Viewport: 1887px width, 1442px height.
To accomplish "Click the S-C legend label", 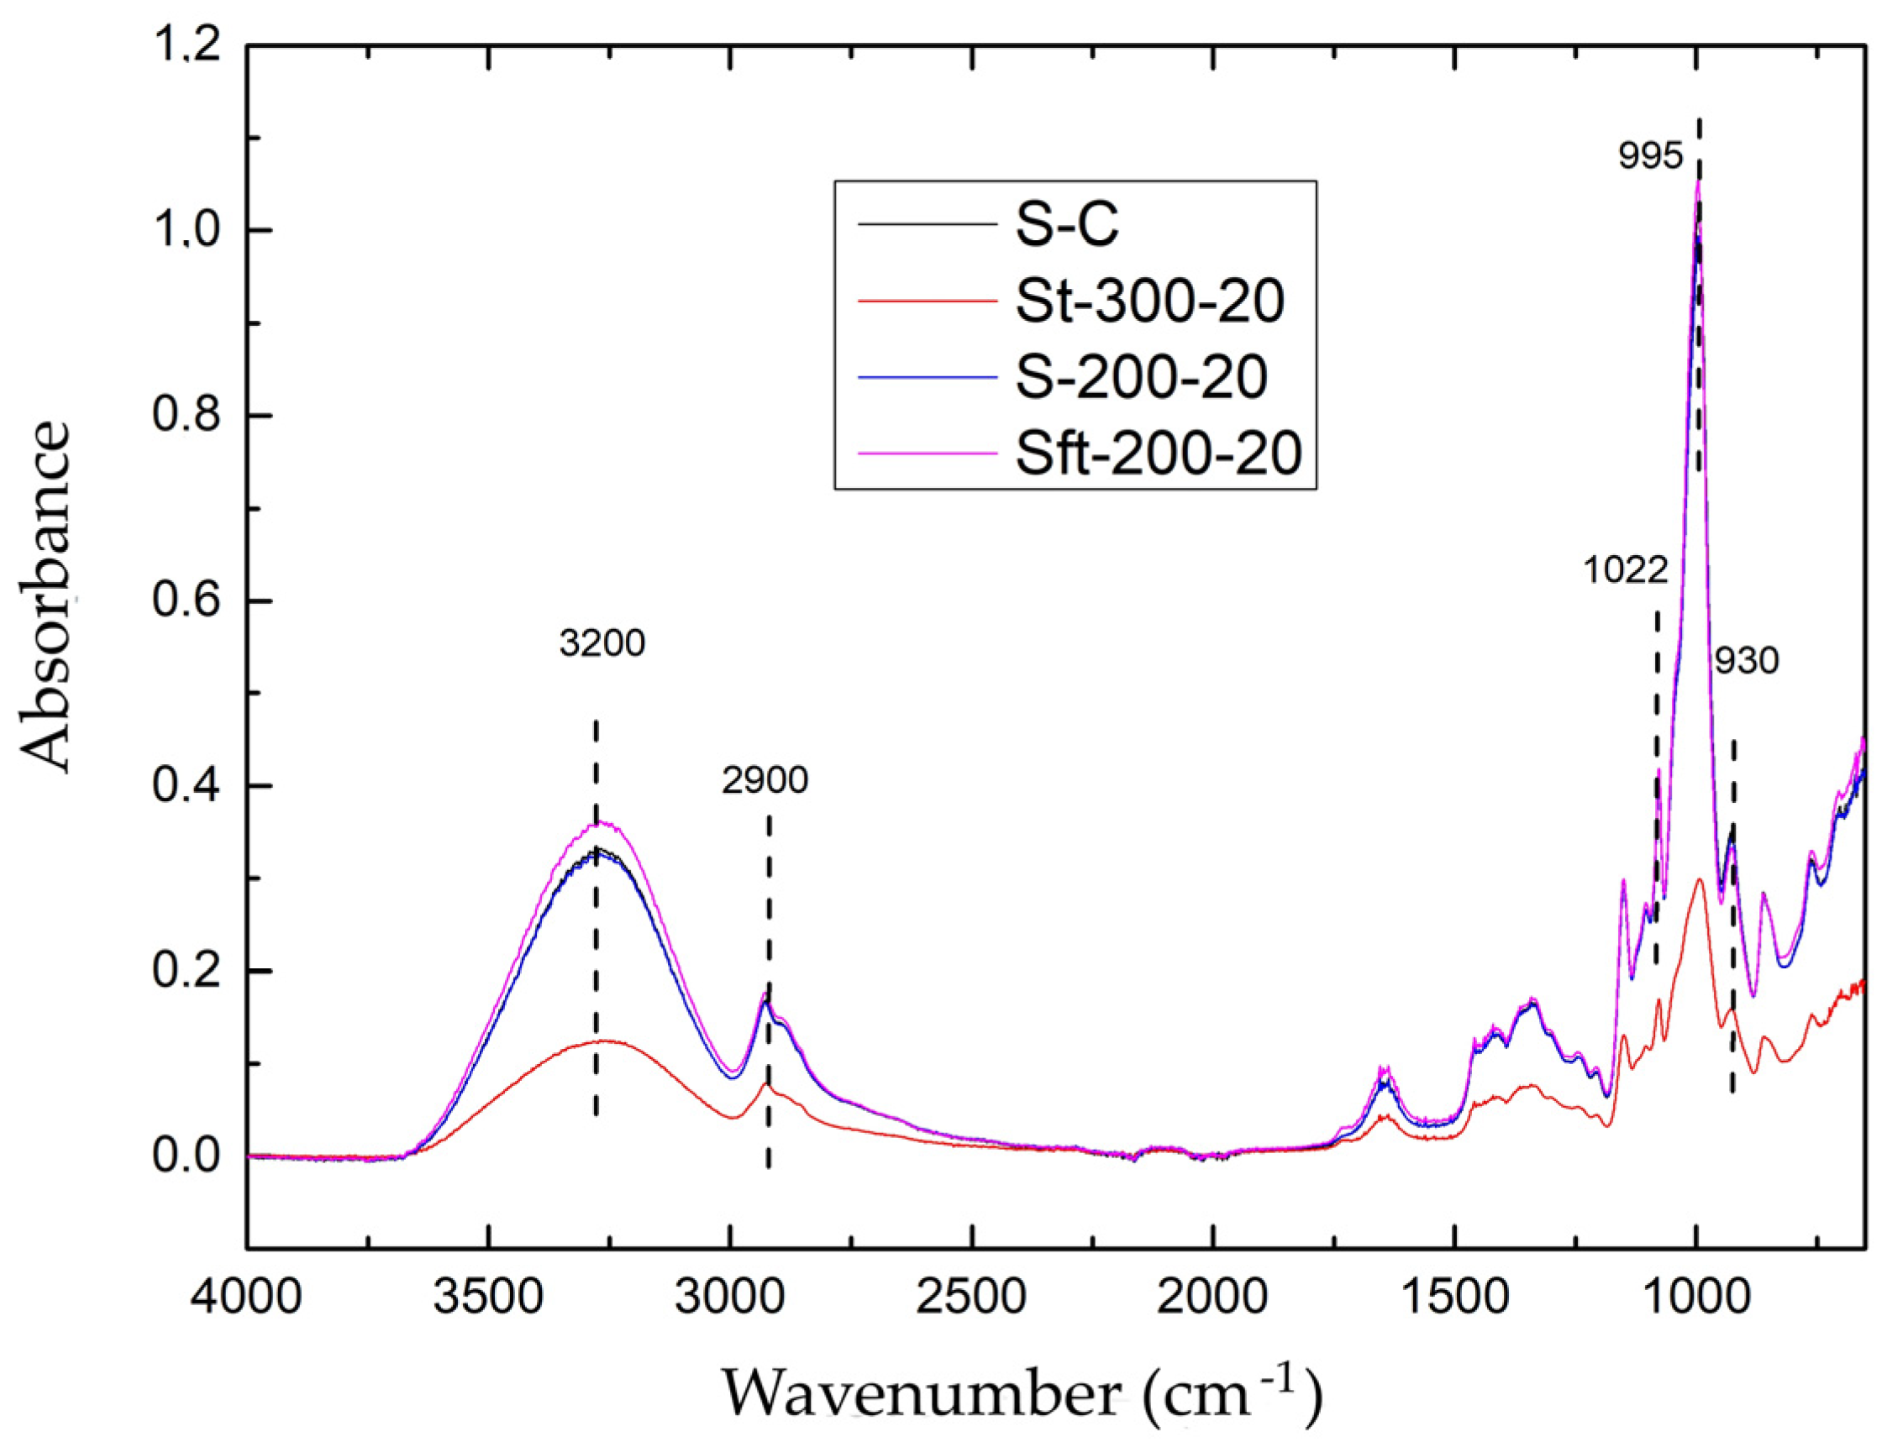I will click(x=1067, y=226).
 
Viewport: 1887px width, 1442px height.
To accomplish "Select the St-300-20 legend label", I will click(x=1149, y=302).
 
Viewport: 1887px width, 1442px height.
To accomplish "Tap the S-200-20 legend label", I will click(x=1141, y=377).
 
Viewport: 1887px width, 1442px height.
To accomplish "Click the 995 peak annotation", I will click(x=1650, y=156).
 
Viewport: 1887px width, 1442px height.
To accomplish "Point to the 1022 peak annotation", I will click(x=1625, y=570).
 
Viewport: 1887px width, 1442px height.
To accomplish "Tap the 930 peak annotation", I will click(x=1747, y=662).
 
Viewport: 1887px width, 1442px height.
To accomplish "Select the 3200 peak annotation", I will click(x=602, y=642).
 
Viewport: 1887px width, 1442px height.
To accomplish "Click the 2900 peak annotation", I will click(x=765, y=780).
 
